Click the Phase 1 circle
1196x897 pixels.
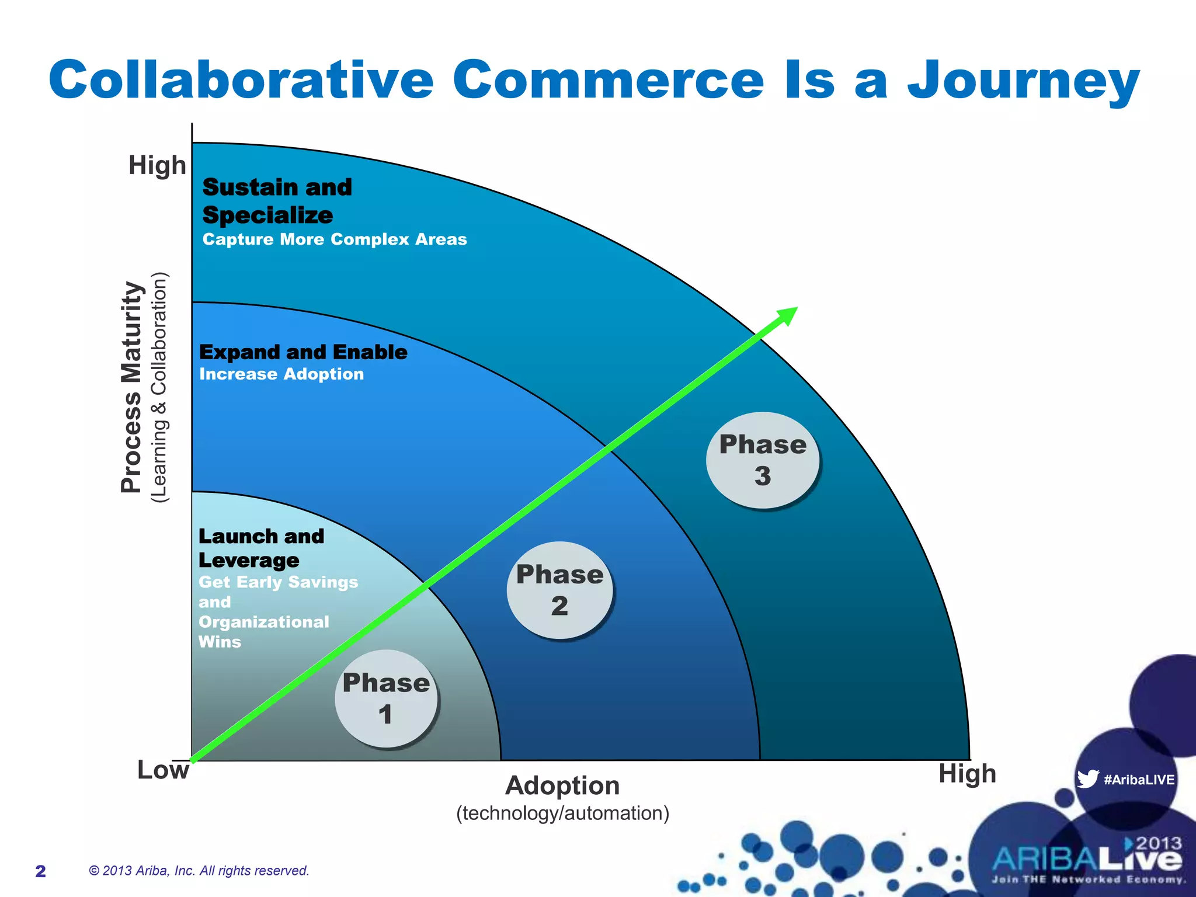tap(386, 698)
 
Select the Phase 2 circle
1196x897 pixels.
tap(559, 590)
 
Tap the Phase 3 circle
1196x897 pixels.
tap(762, 460)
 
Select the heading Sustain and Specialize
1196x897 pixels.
tap(277, 201)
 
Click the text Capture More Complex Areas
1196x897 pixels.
tap(335, 239)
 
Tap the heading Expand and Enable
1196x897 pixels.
tap(303, 352)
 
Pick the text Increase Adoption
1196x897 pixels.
tap(281, 374)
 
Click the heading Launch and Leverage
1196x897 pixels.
tap(261, 548)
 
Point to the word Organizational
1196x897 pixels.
tap(264, 622)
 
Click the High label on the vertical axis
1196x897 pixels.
tap(157, 165)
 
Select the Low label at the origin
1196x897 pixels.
tap(163, 770)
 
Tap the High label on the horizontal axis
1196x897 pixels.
tap(967, 774)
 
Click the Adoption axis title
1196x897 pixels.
tap(562, 785)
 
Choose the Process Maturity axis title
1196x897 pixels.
tap(132, 387)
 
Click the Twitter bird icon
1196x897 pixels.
tap(1087, 779)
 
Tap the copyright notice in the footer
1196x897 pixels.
tap(199, 871)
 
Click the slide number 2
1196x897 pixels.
tap(40, 871)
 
